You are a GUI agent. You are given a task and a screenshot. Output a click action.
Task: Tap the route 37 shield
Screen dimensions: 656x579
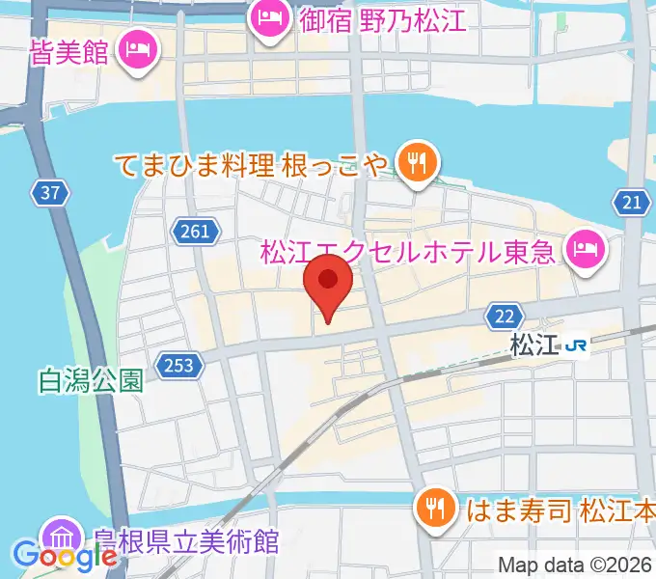click(51, 192)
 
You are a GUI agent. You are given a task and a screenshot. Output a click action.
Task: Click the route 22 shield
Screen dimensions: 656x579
click(503, 317)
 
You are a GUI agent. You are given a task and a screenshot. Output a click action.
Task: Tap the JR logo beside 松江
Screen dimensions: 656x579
click(577, 345)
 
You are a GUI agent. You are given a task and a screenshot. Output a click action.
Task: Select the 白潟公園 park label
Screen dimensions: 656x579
click(92, 380)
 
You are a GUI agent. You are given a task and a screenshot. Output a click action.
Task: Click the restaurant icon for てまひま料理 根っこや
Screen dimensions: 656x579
click(417, 161)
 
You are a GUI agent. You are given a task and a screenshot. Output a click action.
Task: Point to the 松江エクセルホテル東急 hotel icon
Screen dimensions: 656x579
click(585, 251)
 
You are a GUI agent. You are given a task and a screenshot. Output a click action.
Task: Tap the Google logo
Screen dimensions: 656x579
click(66, 556)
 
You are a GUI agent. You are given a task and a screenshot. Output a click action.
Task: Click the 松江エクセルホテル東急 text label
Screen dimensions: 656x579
click(408, 253)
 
